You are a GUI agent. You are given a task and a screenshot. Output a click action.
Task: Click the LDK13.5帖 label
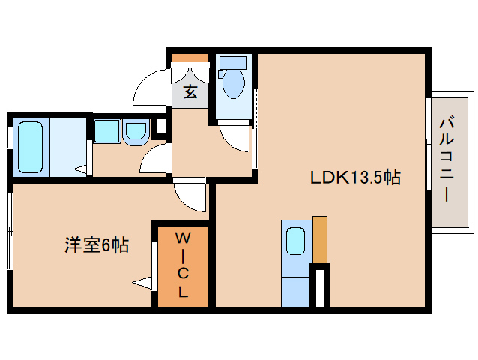pyautogui.click(x=355, y=178)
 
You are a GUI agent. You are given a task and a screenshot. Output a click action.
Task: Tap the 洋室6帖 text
pyautogui.click(x=96, y=244)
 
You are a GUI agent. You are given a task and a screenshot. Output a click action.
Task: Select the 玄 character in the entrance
pyautogui.click(x=190, y=92)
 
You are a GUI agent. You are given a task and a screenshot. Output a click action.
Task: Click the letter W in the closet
pyautogui.click(x=182, y=238)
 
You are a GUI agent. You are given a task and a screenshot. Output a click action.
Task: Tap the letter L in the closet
pyautogui.click(x=182, y=292)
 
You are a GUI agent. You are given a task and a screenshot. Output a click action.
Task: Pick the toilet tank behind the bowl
pyautogui.click(x=234, y=62)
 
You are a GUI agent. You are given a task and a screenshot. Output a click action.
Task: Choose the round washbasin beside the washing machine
pyautogui.click(x=136, y=131)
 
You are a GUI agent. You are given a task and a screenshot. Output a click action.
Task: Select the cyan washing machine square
pyautogui.click(x=105, y=131)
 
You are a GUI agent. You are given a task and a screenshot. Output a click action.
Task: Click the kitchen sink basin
pyautogui.click(x=295, y=242)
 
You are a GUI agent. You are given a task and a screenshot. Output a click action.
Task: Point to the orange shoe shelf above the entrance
pyautogui.click(x=190, y=57)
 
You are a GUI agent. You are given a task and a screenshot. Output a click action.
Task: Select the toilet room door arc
pyautogui.click(x=234, y=137)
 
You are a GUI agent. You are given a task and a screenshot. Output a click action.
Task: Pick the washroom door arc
pyautogui.click(x=155, y=159)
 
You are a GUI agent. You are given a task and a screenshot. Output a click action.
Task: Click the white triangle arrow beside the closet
pyautogui.click(x=142, y=283)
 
